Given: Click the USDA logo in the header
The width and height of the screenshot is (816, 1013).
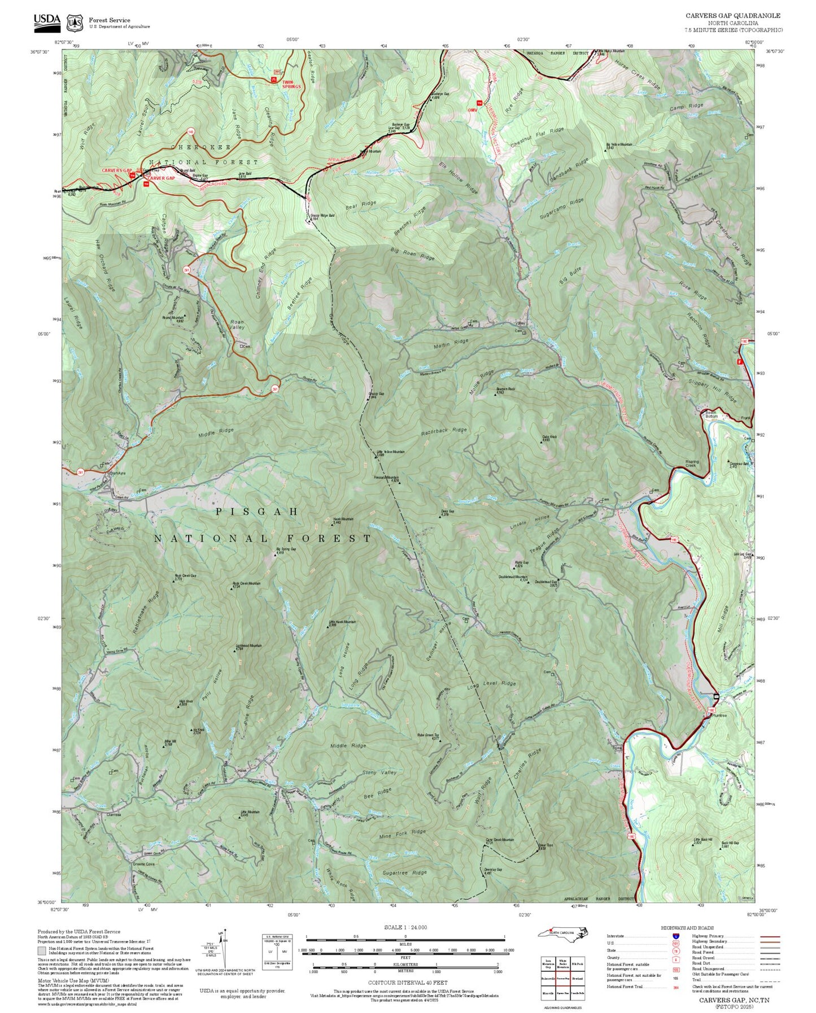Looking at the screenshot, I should [47, 20].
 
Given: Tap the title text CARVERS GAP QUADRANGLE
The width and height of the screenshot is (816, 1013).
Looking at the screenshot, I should [733, 16].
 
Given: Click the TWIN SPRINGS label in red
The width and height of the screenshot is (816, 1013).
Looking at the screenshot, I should [291, 84].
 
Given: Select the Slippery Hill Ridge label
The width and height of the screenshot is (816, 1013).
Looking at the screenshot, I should [713, 389].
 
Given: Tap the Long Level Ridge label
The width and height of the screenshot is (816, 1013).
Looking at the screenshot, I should [491, 685].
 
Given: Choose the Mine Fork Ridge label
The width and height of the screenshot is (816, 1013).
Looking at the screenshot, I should [402, 833].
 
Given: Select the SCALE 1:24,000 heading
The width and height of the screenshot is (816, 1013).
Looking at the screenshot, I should [405, 927].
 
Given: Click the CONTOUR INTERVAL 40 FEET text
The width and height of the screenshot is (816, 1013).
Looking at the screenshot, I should [405, 983].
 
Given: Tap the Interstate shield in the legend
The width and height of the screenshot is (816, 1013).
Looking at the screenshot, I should [675, 936].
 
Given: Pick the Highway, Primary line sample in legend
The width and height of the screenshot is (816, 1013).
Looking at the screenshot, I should [770, 936].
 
